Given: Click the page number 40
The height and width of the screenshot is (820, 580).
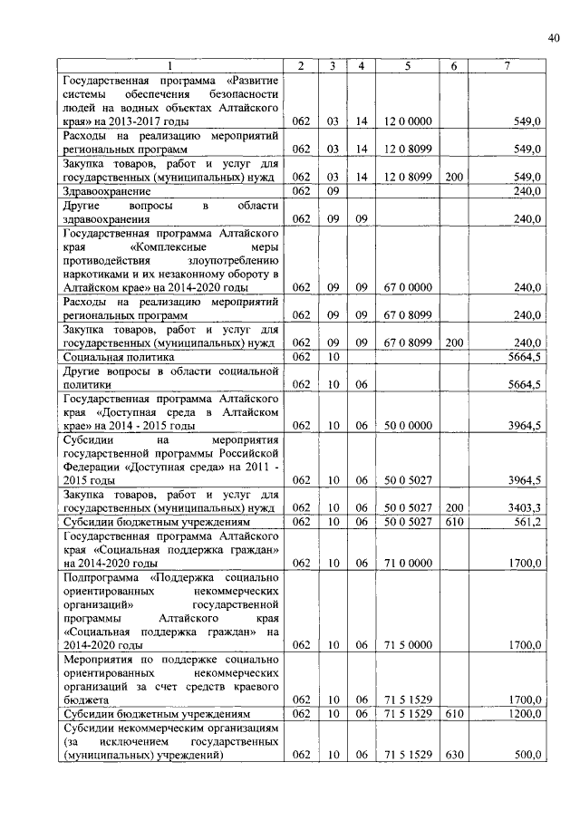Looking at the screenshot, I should [x=554, y=37].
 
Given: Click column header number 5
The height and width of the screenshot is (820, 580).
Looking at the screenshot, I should [x=408, y=65].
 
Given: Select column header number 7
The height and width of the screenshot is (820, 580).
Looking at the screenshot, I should [x=507, y=65].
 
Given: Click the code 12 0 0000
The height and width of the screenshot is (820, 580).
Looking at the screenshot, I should [x=408, y=121].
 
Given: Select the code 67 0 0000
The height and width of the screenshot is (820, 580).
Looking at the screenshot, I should [x=408, y=287].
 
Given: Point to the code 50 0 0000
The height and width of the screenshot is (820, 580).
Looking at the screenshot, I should [x=408, y=425].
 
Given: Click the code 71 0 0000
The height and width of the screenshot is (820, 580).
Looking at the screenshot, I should [x=408, y=563].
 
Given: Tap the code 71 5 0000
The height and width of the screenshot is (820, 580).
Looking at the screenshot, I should [x=408, y=645].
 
